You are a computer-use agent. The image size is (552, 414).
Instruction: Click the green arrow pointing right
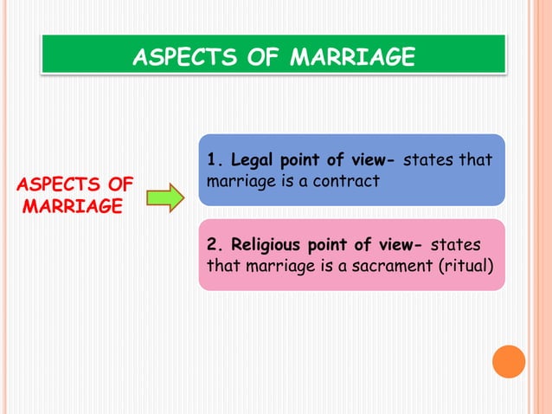point(165,197)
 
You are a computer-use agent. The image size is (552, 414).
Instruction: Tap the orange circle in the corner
point(509,361)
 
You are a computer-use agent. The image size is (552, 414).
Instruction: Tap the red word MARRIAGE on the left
point(73,207)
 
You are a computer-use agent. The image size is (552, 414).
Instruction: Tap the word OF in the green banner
point(262,58)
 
